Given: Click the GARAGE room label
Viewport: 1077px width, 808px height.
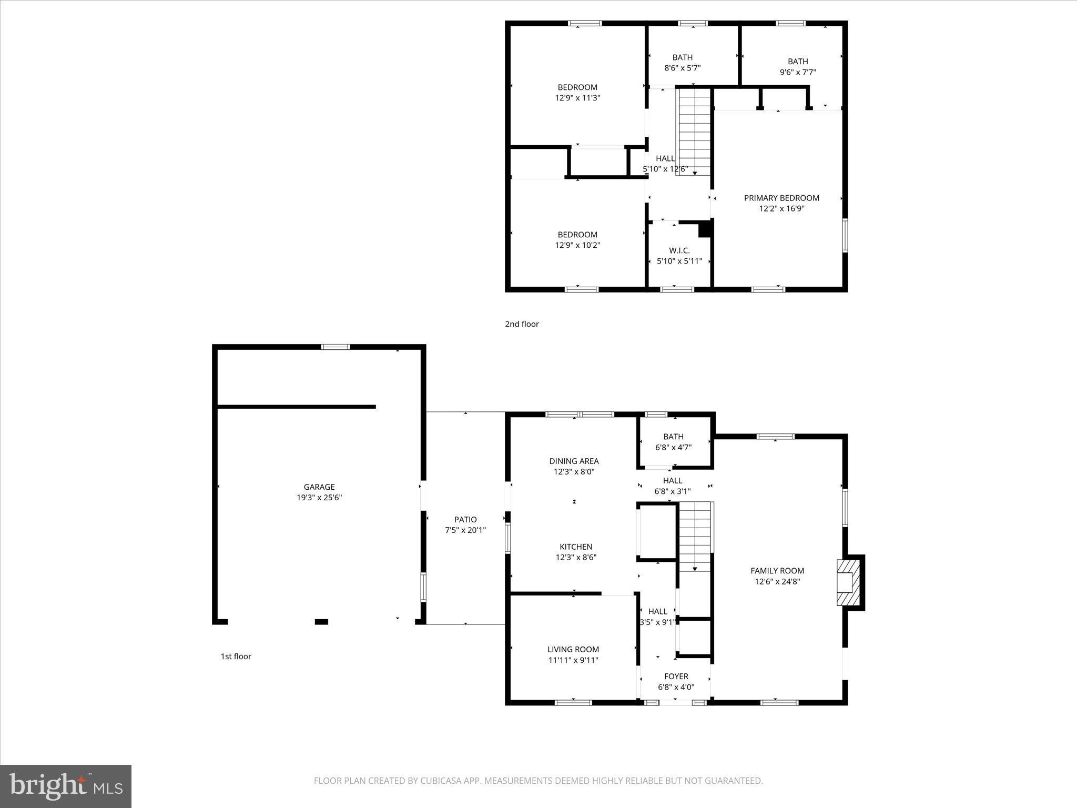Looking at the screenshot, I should click(x=319, y=487).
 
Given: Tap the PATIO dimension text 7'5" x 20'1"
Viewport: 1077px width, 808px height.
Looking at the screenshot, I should click(x=465, y=530).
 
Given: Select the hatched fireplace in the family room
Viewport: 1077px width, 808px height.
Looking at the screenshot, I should click(x=848, y=582).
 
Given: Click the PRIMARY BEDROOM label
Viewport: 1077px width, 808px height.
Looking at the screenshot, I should click(x=781, y=198).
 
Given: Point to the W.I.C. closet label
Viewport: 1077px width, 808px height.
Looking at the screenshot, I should click(x=679, y=251).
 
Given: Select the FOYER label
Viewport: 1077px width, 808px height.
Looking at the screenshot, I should click(x=676, y=676).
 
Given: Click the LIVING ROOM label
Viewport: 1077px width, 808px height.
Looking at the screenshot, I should click(x=573, y=650).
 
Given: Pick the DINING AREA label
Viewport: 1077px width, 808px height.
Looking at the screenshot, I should click(x=574, y=461).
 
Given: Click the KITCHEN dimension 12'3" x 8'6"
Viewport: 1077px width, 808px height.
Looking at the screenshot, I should click(x=576, y=558).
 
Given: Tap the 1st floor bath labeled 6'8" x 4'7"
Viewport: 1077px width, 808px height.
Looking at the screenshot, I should click(x=673, y=442).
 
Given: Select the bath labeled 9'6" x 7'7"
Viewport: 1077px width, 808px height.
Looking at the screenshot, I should click(x=797, y=67).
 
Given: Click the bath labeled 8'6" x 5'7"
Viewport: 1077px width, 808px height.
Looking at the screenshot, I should click(x=682, y=63).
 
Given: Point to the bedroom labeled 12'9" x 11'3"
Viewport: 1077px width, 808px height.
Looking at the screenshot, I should click(x=577, y=93).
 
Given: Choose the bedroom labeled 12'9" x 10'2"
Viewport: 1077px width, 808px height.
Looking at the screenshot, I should click(x=577, y=240).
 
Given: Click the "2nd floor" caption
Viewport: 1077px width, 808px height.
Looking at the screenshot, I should click(x=522, y=324).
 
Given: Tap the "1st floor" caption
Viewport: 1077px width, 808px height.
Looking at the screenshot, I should click(x=236, y=656).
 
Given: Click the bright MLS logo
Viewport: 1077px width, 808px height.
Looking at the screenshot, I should click(x=66, y=786).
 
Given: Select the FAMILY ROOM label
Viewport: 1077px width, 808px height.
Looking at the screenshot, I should click(x=777, y=571).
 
